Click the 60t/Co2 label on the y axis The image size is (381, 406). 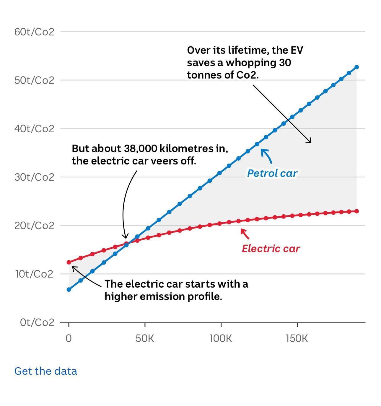[x=34, y=32]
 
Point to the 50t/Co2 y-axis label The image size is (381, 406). [x=34, y=80]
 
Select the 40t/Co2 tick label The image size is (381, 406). [x=34, y=129]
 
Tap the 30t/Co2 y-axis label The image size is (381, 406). [x=34, y=177]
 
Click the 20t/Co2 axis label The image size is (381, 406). [x=34, y=226]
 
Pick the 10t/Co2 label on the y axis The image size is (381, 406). [x=34, y=274]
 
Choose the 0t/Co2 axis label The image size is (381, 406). [x=37, y=322]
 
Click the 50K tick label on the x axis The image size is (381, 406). [x=145, y=338]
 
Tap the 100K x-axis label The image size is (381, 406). [x=221, y=338]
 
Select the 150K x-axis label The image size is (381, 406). [x=297, y=338]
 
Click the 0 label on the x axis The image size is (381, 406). [x=69, y=338]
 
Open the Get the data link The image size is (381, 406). [x=46, y=371]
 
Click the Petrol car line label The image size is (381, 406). [x=272, y=173]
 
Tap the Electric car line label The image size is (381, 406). [x=271, y=249]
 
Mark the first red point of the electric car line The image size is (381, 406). [x=69, y=262]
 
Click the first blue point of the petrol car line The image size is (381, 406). [x=69, y=289]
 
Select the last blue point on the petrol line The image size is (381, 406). [x=356, y=67]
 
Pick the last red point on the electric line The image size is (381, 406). [x=356, y=211]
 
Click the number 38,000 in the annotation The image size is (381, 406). [x=139, y=149]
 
